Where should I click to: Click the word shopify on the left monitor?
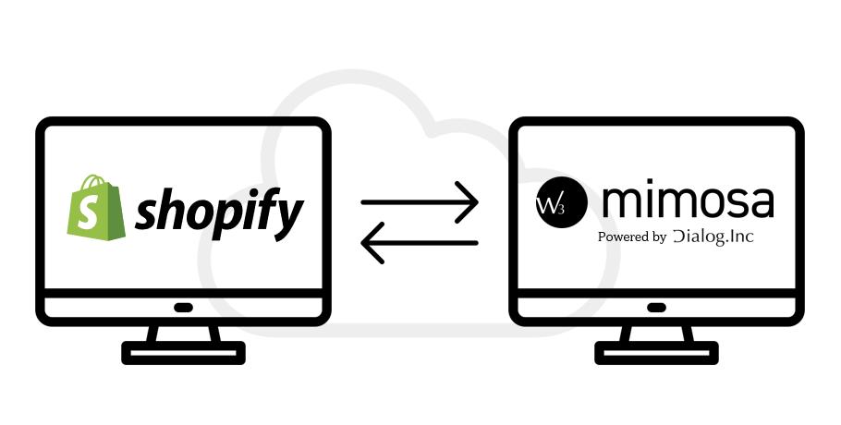pos(219,212)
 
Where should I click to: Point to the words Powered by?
pos(632,237)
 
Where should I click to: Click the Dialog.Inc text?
pos(713,237)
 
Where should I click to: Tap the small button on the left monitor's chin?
pos(183,308)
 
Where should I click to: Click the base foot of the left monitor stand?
pos(183,352)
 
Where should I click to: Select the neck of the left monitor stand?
pos(183,332)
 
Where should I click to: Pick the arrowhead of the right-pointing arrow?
pos(469,200)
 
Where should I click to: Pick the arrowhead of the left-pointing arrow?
pos(370,244)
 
